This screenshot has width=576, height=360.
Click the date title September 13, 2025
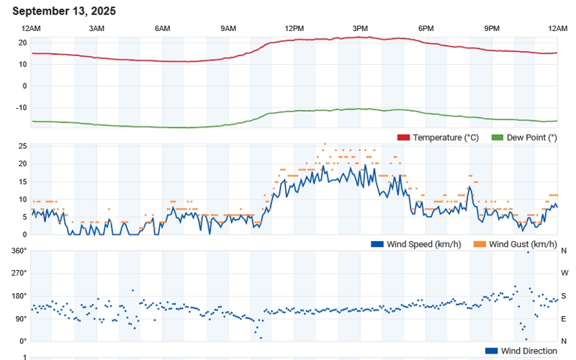tap(64, 12)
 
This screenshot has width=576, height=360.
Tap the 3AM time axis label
tap(96, 28)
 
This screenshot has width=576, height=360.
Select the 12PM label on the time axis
tap(294, 28)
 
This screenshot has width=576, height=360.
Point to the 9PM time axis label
tap(492, 28)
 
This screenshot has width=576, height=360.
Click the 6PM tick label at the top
tap(426, 28)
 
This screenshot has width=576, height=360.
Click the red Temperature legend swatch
tap(403, 138)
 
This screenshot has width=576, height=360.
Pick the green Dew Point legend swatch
tap(497, 138)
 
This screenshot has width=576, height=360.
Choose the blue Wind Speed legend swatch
tap(377, 244)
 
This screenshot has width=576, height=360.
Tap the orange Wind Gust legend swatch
tap(480, 244)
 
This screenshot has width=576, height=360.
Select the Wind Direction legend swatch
tap(492, 351)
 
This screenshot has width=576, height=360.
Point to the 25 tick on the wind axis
tap(22, 146)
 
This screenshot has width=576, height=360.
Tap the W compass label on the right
tap(564, 273)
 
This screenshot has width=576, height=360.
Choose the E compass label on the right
tap(564, 318)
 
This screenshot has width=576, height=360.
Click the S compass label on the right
tap(564, 296)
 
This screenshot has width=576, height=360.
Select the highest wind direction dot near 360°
tap(528, 252)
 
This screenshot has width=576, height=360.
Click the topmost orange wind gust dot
tap(325, 143)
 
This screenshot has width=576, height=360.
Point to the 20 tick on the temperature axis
tap(22, 42)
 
